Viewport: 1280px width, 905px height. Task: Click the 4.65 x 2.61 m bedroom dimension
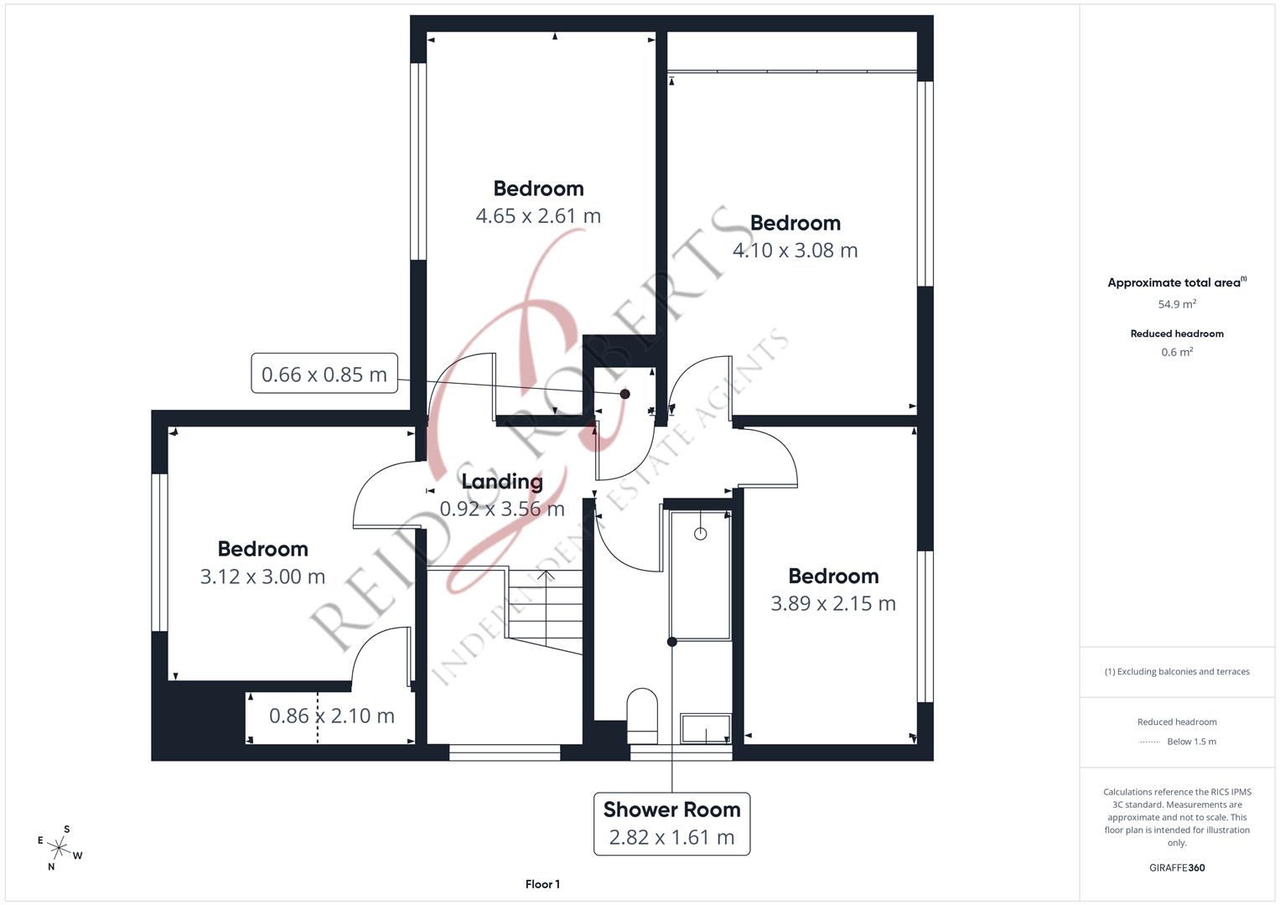(x=538, y=216)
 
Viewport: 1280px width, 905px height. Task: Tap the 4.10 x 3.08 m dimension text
(x=795, y=251)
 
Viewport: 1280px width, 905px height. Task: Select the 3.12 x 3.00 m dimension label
(x=262, y=577)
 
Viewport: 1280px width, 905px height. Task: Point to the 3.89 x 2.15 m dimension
(x=833, y=603)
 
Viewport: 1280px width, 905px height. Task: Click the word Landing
(x=502, y=482)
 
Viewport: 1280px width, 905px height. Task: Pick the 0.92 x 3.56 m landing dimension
(x=502, y=509)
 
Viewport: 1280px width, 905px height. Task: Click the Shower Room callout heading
(x=671, y=809)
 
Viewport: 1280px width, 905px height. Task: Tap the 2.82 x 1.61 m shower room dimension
(x=671, y=837)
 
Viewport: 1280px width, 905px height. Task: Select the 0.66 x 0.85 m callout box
(x=324, y=374)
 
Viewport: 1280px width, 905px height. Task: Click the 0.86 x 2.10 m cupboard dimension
(x=332, y=716)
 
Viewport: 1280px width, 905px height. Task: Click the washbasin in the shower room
(x=706, y=728)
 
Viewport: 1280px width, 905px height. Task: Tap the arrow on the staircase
(x=546, y=577)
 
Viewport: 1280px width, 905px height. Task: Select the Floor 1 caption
(x=542, y=884)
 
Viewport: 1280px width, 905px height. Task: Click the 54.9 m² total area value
(x=1177, y=304)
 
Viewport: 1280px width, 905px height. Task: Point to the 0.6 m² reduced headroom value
(x=1177, y=352)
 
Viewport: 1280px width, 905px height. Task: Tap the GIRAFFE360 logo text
(x=1177, y=867)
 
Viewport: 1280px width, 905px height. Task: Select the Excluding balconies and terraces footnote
(x=1177, y=671)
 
